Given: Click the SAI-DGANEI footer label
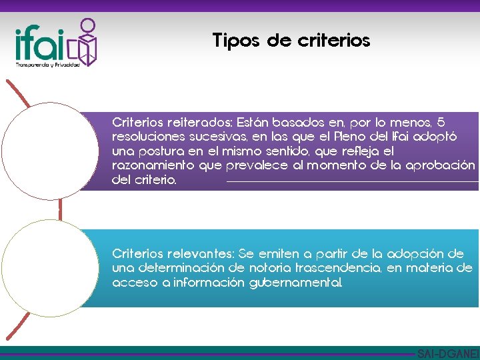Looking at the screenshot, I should (447, 353).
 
